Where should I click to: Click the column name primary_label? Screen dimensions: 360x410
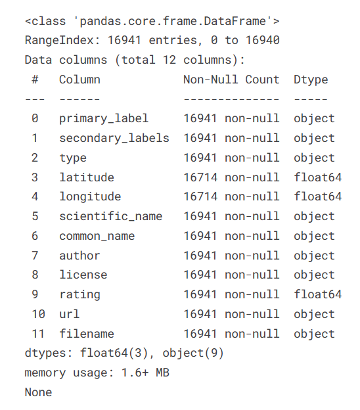(x=104, y=119)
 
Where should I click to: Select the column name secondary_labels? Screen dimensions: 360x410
(x=114, y=139)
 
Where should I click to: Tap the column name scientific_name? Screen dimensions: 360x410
(x=111, y=216)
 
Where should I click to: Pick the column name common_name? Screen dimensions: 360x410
(x=97, y=236)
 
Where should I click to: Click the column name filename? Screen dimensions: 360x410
(x=87, y=334)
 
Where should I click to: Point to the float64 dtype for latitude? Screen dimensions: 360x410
(x=318, y=177)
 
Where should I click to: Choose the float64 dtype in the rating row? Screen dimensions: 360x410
(x=318, y=294)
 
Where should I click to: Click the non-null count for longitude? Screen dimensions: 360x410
(x=231, y=196)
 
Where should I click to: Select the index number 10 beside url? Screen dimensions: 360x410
(x=39, y=314)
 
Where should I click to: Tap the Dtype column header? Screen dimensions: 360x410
(x=311, y=80)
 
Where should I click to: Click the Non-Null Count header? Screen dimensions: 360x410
(x=231, y=80)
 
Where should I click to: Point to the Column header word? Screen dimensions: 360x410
(x=79, y=80)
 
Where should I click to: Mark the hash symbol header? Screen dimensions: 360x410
(x=35, y=80)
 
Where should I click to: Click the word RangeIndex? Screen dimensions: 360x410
(x=59, y=40)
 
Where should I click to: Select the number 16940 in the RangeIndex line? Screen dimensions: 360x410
(x=263, y=40)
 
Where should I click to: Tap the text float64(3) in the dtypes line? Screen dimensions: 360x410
(x=114, y=353)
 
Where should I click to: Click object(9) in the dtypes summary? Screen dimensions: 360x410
(x=193, y=353)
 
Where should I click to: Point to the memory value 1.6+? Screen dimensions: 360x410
(x=135, y=373)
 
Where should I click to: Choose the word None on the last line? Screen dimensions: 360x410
(x=39, y=392)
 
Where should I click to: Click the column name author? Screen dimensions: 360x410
(x=79, y=256)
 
